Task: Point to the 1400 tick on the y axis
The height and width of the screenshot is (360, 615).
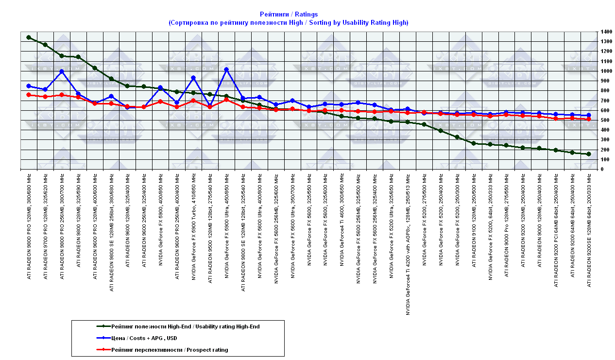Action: pyautogui.click(x=606, y=32)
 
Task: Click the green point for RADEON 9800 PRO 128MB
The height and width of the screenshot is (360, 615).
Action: pyautogui.click(x=29, y=37)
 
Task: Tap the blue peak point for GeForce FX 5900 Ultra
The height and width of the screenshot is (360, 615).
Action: pyautogui.click(x=226, y=69)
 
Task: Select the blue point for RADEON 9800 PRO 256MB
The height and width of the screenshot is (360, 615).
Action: pyautogui.click(x=62, y=71)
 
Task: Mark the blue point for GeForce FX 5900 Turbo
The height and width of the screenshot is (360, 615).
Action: pyautogui.click(x=193, y=78)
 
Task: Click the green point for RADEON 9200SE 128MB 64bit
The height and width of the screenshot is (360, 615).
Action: pyautogui.click(x=589, y=154)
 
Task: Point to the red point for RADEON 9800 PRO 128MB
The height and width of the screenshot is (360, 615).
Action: pyautogui.click(x=29, y=95)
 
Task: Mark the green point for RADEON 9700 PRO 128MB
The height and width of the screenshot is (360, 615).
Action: pyautogui.click(x=45, y=45)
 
